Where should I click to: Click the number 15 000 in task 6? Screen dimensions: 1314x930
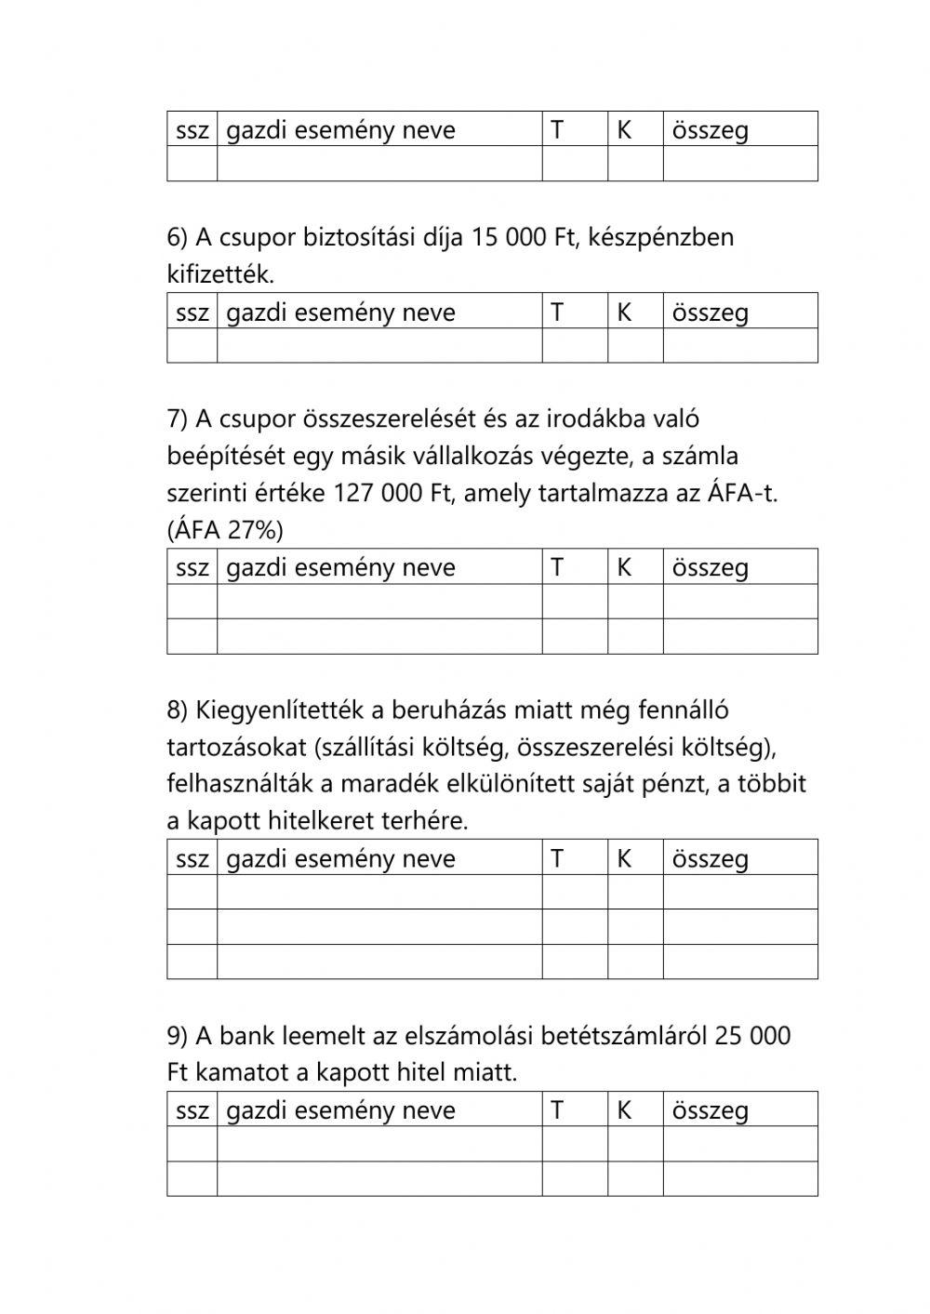point(511,237)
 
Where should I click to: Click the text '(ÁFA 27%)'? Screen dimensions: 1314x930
point(225,530)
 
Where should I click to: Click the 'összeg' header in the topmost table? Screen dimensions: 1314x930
point(710,130)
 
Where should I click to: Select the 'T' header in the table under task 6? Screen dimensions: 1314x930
point(557,312)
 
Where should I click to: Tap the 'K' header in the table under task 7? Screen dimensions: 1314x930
point(624,567)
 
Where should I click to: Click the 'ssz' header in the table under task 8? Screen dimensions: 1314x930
point(193,858)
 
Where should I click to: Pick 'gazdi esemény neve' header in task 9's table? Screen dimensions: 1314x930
point(340,1110)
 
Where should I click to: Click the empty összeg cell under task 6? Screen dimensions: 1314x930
point(739,346)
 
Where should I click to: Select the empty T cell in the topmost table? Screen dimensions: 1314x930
point(575,164)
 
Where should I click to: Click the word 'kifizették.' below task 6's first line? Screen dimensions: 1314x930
point(220,274)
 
